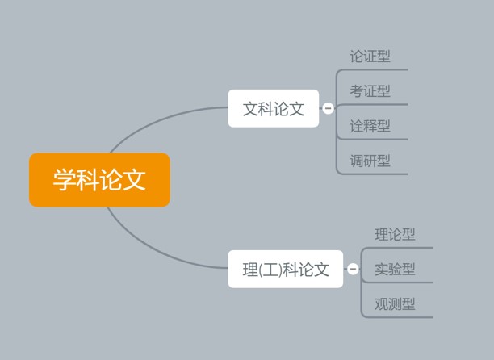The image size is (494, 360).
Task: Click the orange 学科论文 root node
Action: point(99,179)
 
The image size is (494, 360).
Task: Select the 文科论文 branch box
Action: point(274,108)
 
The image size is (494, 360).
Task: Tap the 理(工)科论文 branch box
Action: point(286,269)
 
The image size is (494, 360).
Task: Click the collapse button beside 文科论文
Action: point(328,108)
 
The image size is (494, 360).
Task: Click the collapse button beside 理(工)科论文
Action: point(353,269)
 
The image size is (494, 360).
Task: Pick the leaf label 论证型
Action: point(370,57)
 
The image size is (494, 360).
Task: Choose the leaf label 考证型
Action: point(370,91)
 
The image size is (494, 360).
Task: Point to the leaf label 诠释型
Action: point(370,126)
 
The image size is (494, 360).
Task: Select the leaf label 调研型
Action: point(370,161)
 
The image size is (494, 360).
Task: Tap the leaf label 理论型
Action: point(395,234)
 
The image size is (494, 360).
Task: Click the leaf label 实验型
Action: point(395,269)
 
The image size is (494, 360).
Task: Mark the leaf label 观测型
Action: point(395,304)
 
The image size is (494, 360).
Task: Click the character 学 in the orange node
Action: point(65,179)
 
